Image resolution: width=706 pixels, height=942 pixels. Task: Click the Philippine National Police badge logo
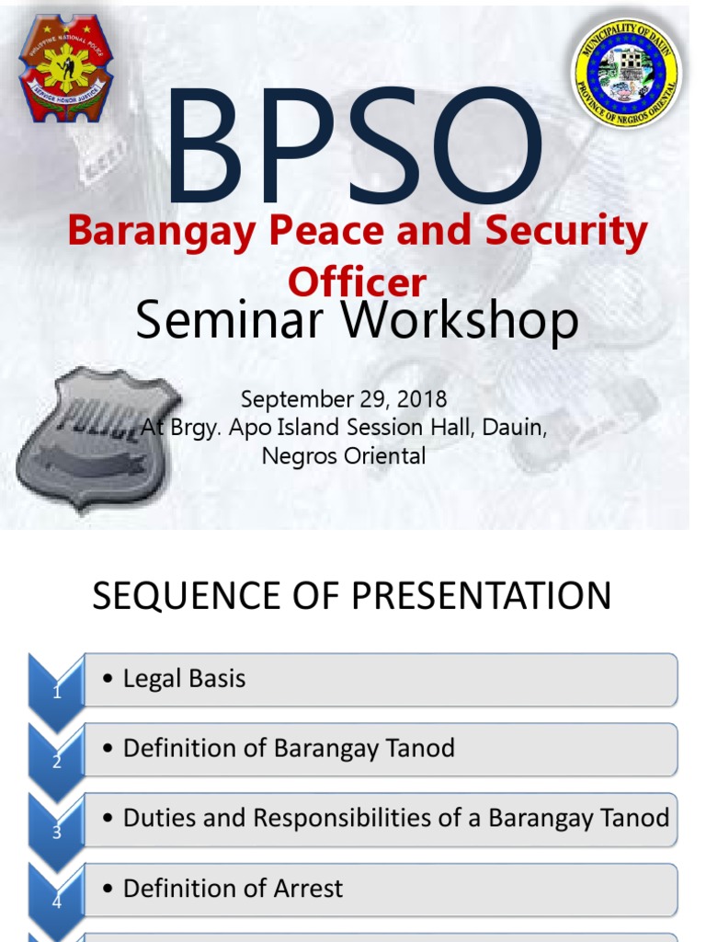click(x=65, y=68)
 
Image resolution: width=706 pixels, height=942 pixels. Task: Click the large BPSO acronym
click(x=354, y=146)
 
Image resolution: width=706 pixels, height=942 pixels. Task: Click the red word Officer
click(x=358, y=281)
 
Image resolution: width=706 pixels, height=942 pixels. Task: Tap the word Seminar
click(x=230, y=319)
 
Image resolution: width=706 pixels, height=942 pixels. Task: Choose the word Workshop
click(x=460, y=320)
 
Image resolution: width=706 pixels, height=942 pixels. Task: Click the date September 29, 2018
click(x=344, y=399)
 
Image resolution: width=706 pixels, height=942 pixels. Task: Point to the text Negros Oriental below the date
click(x=344, y=456)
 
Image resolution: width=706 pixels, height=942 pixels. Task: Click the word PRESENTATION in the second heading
click(x=481, y=596)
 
